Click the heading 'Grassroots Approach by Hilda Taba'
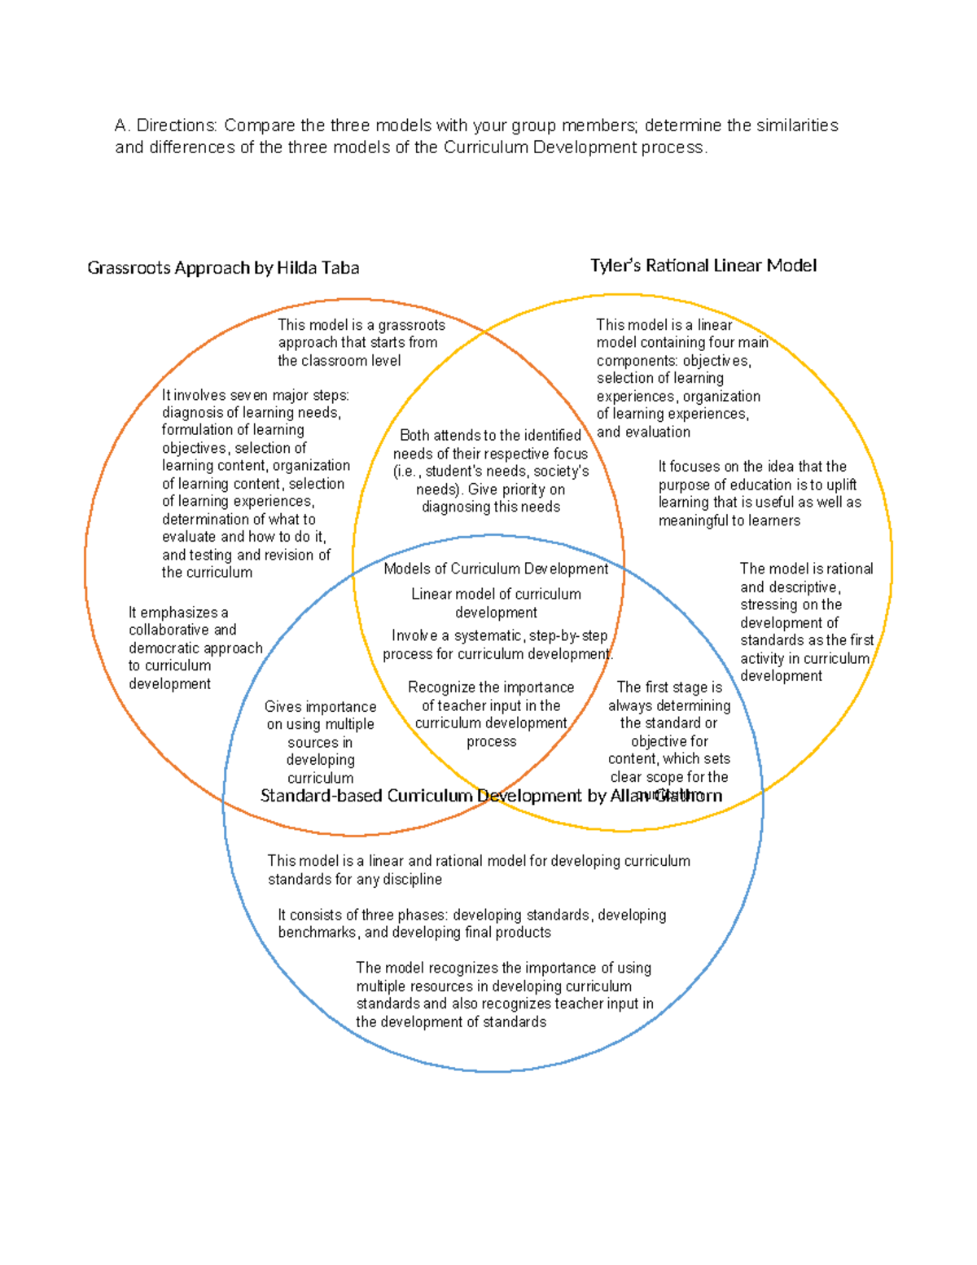pyautogui.click(x=223, y=268)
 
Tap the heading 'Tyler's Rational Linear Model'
pyautogui.click(x=703, y=266)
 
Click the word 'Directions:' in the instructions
pyautogui.click(x=177, y=125)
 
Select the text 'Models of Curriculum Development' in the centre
pyautogui.click(x=496, y=569)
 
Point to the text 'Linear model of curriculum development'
pyautogui.click(x=496, y=603)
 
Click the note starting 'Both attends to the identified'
pyautogui.click(x=490, y=471)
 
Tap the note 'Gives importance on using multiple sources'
pyautogui.click(x=320, y=741)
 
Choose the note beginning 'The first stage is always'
pyautogui.click(x=669, y=731)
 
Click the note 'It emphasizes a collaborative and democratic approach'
pyautogui.click(x=195, y=648)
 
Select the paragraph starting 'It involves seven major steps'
pyautogui.click(x=255, y=484)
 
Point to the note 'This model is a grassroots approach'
pyautogui.click(x=361, y=342)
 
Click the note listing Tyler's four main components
pyautogui.click(x=678, y=378)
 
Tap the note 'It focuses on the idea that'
pyautogui.click(x=759, y=494)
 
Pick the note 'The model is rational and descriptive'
pyautogui.click(x=806, y=622)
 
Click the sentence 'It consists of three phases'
pyautogui.click(x=471, y=924)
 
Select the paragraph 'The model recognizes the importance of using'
pyautogui.click(x=504, y=995)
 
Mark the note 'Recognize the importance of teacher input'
pyautogui.click(x=491, y=714)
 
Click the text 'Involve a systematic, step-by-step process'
pyautogui.click(x=497, y=644)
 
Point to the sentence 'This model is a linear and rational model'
pyautogui.click(x=478, y=870)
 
